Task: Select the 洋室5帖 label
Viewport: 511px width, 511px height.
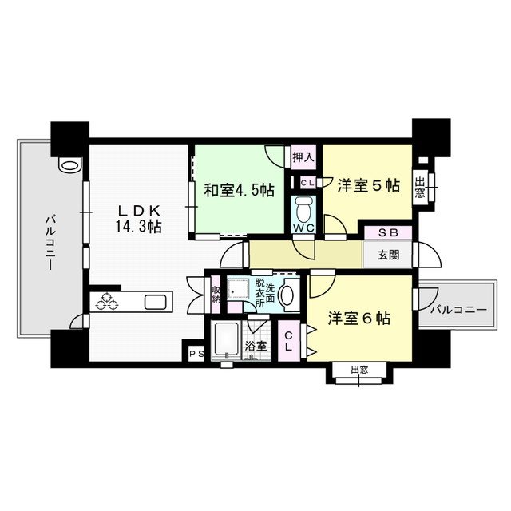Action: coord(368,186)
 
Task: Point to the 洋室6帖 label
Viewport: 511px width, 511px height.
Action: coord(358,318)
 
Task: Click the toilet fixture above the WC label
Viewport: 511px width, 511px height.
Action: coord(303,211)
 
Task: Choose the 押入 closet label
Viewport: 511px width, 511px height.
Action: coord(303,156)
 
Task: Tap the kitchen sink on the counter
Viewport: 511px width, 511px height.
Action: coord(155,301)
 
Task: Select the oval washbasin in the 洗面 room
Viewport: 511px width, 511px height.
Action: coord(288,297)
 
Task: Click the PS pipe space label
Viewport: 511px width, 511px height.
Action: coord(195,352)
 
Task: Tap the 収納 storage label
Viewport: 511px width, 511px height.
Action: coord(216,293)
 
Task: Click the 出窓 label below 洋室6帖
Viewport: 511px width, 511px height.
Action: coord(359,370)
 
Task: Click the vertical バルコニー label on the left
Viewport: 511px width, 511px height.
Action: coord(49,240)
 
